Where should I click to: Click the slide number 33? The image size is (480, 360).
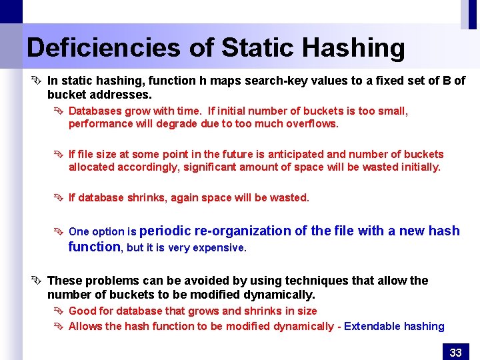click(456, 352)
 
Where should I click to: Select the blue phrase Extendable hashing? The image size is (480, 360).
click(394, 326)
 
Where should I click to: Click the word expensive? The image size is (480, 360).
click(218, 247)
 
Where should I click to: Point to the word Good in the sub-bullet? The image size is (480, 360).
click(83, 311)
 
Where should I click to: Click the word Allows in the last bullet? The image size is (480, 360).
click(85, 326)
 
